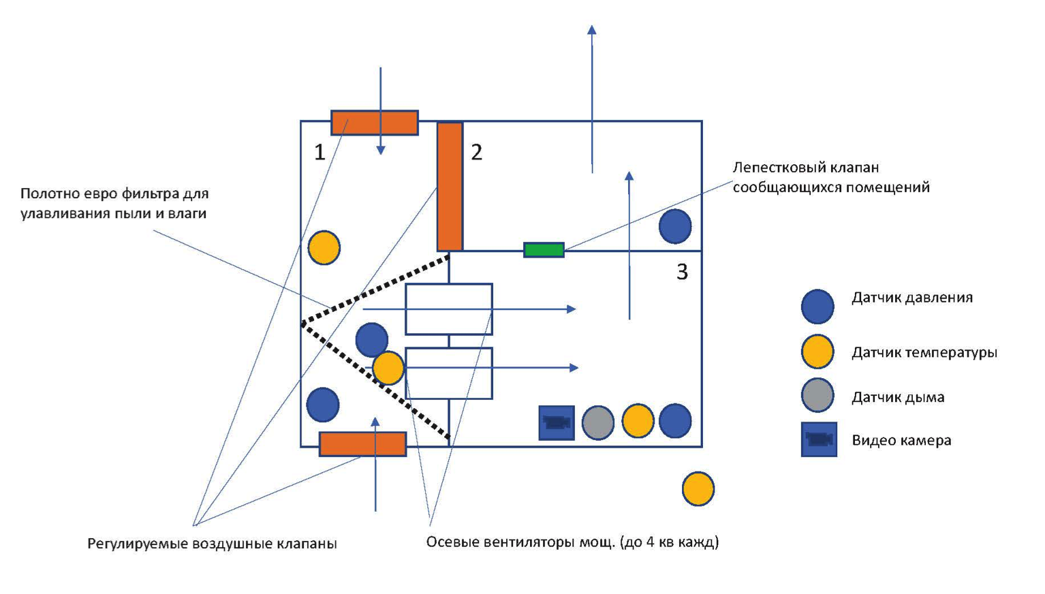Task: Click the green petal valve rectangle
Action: coord(544,249)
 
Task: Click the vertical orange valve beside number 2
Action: coord(450,187)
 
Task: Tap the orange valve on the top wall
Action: coord(375,123)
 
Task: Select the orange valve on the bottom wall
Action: coord(363,443)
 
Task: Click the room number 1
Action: coord(319,152)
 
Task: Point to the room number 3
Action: coord(682,272)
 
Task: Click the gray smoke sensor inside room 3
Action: coord(598,422)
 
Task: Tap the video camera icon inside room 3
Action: coord(557,423)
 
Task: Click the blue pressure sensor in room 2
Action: coord(675,226)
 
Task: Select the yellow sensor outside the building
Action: coord(698,488)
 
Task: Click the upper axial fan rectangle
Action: coord(449,309)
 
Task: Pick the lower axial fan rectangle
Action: coord(449,373)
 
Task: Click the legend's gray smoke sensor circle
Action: coord(817,395)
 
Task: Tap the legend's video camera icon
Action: coord(820,439)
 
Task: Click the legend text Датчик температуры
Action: coord(924,352)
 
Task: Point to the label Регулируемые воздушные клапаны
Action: coord(213,544)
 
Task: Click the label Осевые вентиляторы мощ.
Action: coord(520,542)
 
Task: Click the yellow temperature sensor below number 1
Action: coord(324,247)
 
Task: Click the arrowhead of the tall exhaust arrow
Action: coord(592,29)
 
